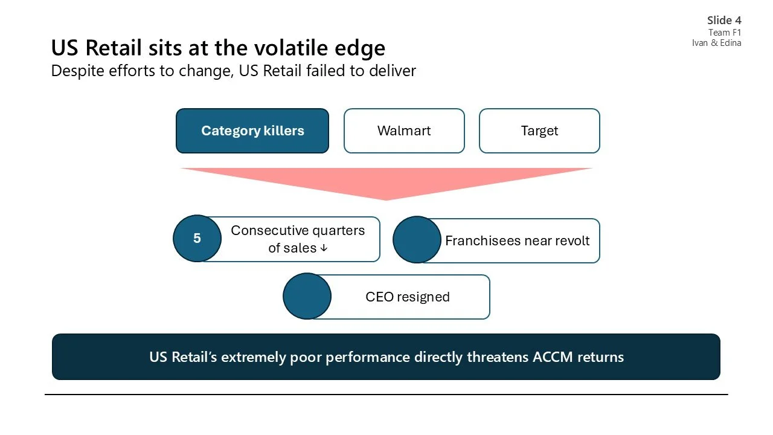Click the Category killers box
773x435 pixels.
(x=252, y=131)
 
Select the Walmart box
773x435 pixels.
(x=404, y=131)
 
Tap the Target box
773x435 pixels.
(x=539, y=131)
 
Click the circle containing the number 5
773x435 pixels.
(x=197, y=239)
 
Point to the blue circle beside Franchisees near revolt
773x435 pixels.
(x=417, y=240)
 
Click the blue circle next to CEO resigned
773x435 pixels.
(x=307, y=296)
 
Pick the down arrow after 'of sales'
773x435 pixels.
(x=324, y=248)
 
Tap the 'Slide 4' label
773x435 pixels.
(x=724, y=21)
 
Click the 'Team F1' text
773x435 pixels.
(x=725, y=33)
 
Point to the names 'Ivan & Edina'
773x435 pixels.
(x=717, y=43)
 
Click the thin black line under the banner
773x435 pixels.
(x=386, y=395)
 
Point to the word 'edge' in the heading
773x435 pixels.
(x=362, y=48)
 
